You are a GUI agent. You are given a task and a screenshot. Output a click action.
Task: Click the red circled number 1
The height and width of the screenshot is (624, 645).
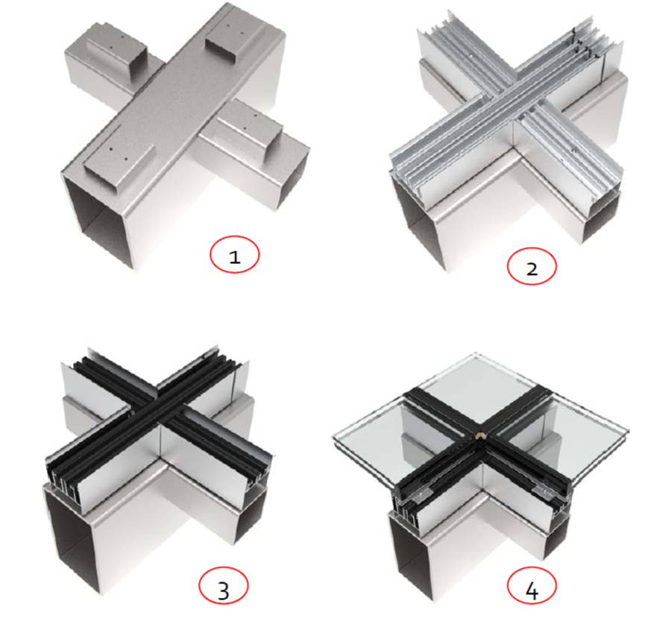pyautogui.click(x=234, y=255)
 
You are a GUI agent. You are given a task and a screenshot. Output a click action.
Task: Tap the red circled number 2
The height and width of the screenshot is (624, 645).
pyautogui.click(x=532, y=266)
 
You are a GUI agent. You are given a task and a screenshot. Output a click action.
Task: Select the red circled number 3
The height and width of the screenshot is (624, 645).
pyautogui.click(x=224, y=585)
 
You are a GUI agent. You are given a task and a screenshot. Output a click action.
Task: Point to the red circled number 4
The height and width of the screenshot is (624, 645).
pyautogui.click(x=532, y=585)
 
